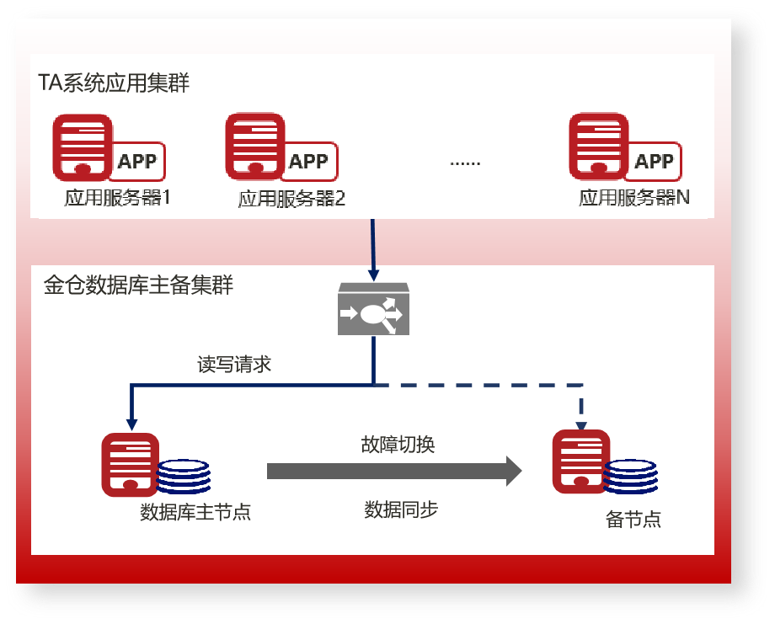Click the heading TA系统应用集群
tap(114, 83)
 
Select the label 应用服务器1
tap(118, 200)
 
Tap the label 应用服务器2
tap(291, 200)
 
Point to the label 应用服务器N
tap(634, 199)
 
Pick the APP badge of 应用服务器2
tap(308, 161)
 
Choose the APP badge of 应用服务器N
tap(654, 161)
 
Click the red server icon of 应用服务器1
tap(82, 146)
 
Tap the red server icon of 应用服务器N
tap(599, 146)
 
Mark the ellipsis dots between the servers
tap(465, 163)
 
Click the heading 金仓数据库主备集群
tap(138, 285)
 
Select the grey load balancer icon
tap(373, 311)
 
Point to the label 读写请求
tap(234, 365)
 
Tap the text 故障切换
tap(398, 445)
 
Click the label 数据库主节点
tap(195, 512)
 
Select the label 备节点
tap(633, 519)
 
